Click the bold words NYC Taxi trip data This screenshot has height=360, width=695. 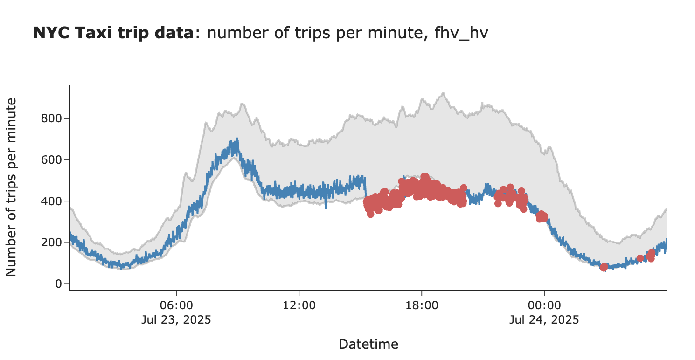tap(112, 33)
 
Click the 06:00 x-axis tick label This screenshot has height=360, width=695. tap(176, 306)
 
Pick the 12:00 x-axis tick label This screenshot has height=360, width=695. tap(299, 306)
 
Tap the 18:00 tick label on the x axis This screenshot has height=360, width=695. tap(422, 306)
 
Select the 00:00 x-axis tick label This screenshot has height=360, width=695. tap(544, 306)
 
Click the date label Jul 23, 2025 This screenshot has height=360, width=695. tap(176, 320)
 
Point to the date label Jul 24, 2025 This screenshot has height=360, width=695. tap(544, 320)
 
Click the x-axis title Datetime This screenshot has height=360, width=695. tap(368, 345)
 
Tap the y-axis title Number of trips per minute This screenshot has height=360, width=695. tap(12, 187)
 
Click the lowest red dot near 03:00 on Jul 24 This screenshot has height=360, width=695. tap(604, 267)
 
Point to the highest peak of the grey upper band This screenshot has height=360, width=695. tap(443, 93)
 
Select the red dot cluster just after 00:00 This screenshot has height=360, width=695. tap(542, 216)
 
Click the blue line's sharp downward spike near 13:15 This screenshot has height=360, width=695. tap(326, 208)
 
